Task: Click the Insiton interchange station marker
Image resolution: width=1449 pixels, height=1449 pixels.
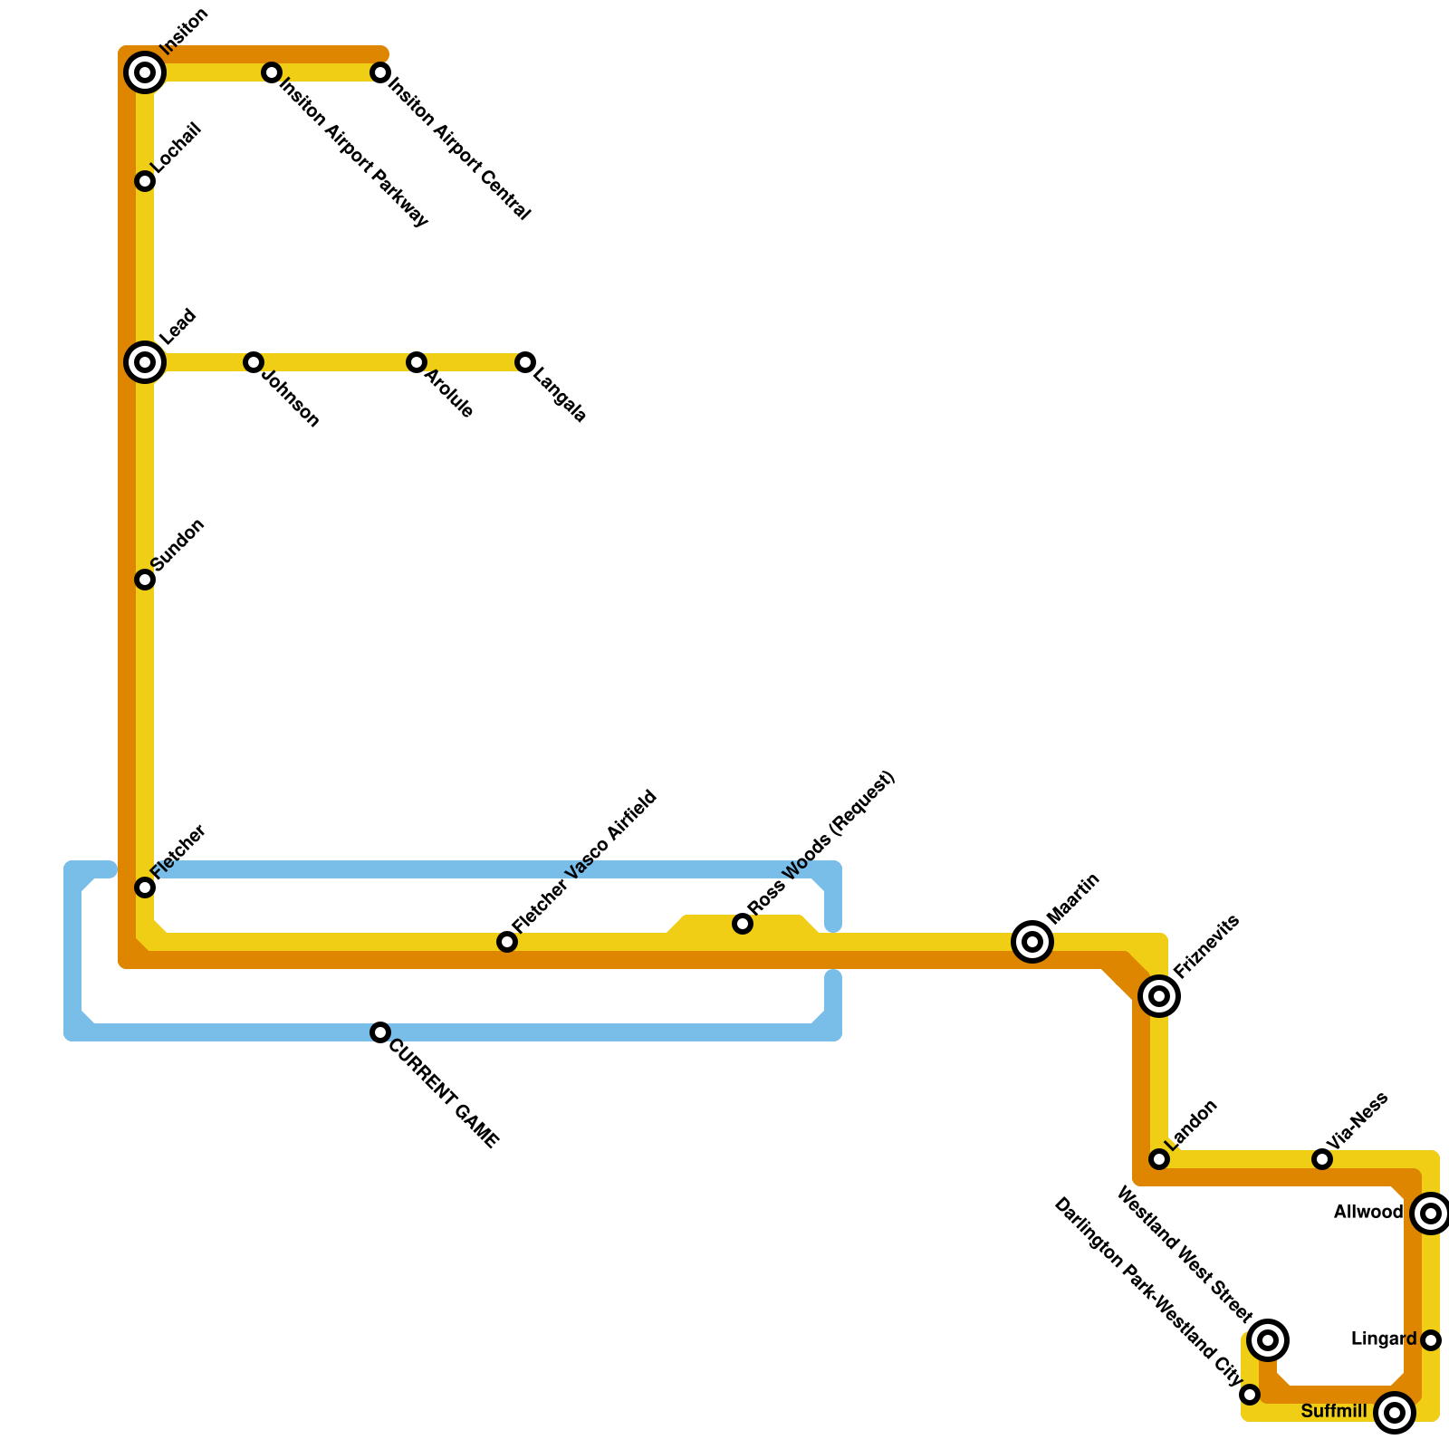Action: (x=145, y=72)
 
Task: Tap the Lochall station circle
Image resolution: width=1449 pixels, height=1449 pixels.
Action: (x=145, y=181)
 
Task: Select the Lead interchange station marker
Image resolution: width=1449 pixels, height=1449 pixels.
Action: (x=145, y=362)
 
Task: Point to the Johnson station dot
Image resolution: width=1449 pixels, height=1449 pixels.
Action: (x=254, y=362)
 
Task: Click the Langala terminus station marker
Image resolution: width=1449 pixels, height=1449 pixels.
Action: (x=525, y=362)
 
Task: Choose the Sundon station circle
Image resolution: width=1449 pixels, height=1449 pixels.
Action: (x=145, y=580)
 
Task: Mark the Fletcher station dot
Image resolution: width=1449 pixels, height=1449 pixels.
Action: (x=145, y=888)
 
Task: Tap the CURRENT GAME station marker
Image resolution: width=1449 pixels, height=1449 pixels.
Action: (x=380, y=1032)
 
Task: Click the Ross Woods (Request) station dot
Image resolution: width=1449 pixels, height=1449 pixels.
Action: (x=743, y=924)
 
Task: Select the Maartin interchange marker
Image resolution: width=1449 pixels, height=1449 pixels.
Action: (x=1032, y=942)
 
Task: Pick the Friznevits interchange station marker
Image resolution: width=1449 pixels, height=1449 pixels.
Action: (x=1159, y=996)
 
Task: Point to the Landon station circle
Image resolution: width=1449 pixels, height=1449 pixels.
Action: (x=1159, y=1159)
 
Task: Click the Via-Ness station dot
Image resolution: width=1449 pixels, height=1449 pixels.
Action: (x=1322, y=1159)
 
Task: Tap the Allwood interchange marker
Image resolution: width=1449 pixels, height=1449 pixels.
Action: (x=1431, y=1214)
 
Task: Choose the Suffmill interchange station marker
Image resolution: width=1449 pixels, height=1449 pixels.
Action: (x=1395, y=1413)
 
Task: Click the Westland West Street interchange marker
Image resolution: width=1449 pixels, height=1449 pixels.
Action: (x=1268, y=1340)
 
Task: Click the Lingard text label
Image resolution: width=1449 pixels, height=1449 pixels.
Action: (x=1383, y=1339)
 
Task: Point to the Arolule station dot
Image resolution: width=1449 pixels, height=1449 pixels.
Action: (x=417, y=362)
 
